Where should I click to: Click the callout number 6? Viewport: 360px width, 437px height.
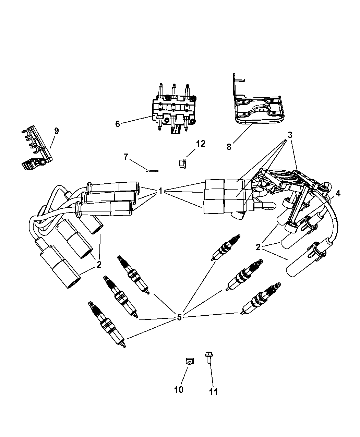tap(118, 124)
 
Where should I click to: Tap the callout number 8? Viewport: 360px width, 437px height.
tap(229, 147)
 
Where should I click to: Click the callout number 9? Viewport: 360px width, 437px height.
tap(57, 131)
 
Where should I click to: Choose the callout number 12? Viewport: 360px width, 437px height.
tap(201, 144)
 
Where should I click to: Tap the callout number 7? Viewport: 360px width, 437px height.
tap(126, 157)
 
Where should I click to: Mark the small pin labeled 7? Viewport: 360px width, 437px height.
tap(152, 171)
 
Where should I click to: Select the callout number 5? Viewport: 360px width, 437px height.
tap(179, 317)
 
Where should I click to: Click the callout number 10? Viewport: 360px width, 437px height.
tap(179, 389)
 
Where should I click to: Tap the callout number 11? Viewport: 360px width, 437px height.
tap(214, 391)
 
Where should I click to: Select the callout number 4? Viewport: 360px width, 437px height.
tap(338, 194)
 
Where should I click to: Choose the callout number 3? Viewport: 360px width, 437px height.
tap(290, 135)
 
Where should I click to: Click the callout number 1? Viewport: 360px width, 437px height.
tap(160, 192)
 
